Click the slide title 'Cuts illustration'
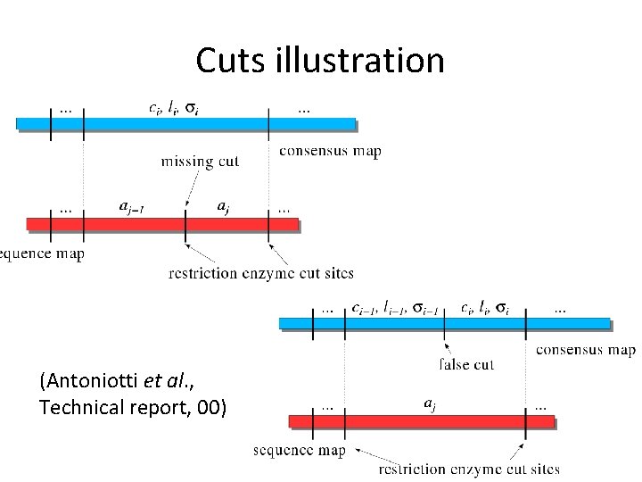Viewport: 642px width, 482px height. coord(319,61)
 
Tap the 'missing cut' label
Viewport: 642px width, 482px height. coord(200,162)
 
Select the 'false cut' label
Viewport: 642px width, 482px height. coord(467,364)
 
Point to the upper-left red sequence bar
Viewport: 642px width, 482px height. coord(160,223)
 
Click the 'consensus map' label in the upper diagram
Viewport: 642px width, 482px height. coord(330,151)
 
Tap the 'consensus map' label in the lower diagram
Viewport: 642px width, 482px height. coord(585,349)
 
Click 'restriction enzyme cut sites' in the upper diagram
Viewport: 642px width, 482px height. coord(260,272)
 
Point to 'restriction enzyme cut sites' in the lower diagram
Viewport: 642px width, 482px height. coord(469,469)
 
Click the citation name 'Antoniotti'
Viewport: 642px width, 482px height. coord(91,383)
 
